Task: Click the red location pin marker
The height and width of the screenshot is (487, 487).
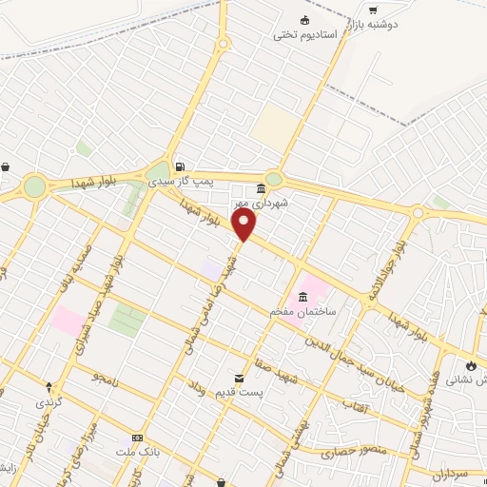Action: tap(244, 224)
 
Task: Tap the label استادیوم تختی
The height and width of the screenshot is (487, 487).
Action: tap(305, 35)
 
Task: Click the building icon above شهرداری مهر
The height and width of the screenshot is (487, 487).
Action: tap(261, 188)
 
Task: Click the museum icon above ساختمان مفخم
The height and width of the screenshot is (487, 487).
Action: tap(302, 295)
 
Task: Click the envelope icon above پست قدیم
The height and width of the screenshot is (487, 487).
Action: tap(240, 378)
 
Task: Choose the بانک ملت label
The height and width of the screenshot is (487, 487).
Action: tap(137, 451)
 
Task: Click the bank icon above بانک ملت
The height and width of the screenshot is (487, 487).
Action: tap(138, 437)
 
